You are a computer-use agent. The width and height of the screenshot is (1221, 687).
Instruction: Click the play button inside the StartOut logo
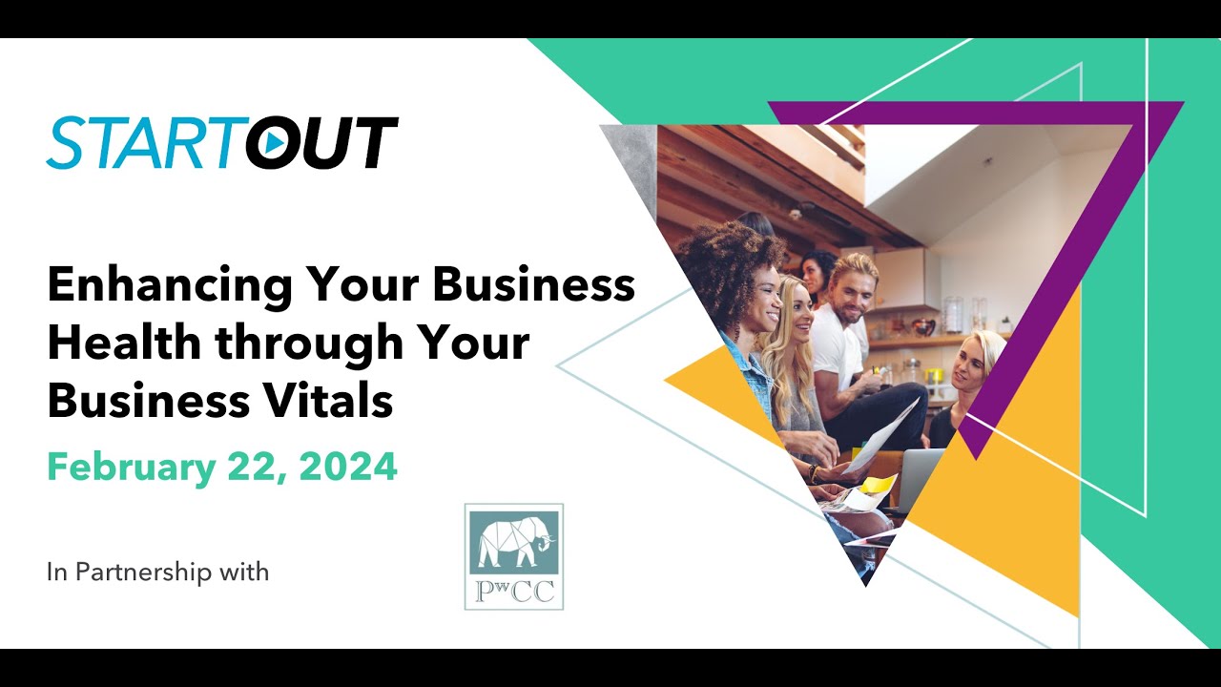(273, 143)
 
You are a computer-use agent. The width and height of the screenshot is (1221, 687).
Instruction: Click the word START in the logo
(143, 143)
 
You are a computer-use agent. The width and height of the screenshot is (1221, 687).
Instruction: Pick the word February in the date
(130, 468)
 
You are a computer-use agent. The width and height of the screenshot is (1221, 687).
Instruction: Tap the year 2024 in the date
(348, 468)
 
